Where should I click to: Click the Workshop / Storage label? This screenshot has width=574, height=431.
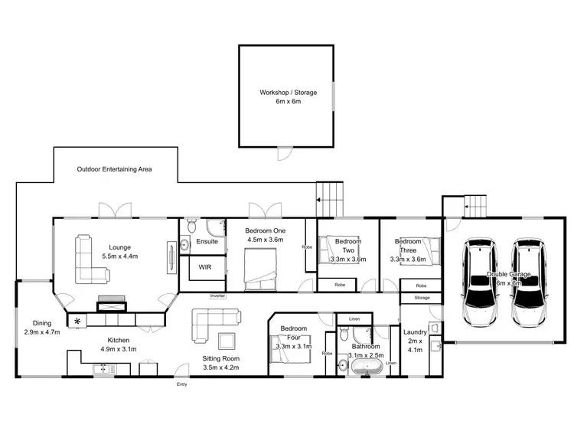[x=287, y=93]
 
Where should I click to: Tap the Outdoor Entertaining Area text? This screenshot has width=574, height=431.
[x=113, y=169]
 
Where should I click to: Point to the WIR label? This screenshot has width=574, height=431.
[x=205, y=268]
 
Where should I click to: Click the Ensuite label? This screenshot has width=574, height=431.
[x=207, y=241]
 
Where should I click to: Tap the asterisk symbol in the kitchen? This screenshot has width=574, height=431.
[x=77, y=322]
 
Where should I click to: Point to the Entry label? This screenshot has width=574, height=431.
[x=181, y=384]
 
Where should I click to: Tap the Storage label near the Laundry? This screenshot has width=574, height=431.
[x=422, y=297]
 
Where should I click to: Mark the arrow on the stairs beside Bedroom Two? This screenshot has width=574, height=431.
[x=318, y=202]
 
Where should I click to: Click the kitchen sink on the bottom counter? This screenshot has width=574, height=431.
[x=101, y=369]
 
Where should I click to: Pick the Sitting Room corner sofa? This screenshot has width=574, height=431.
[x=210, y=322]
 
